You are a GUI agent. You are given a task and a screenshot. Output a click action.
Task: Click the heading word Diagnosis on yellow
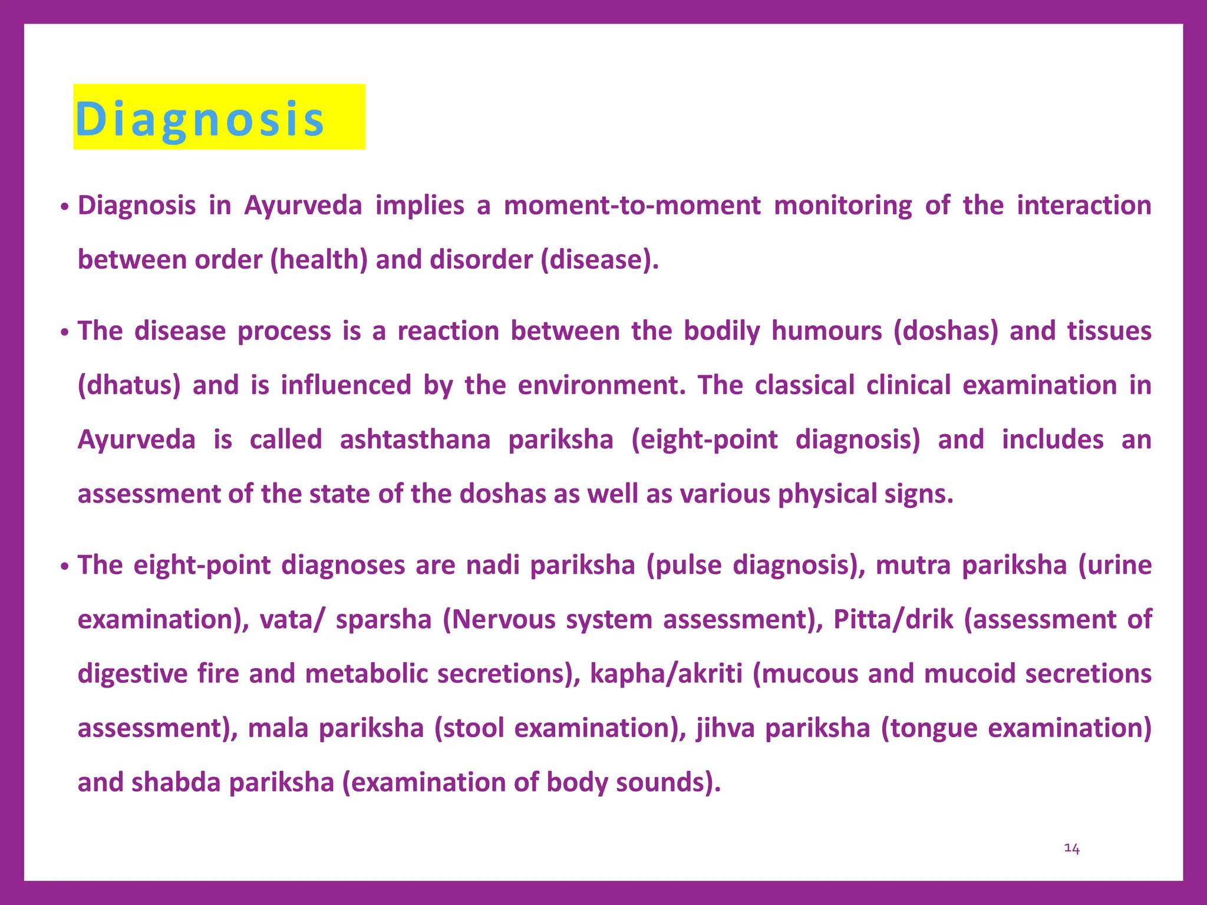click(x=200, y=120)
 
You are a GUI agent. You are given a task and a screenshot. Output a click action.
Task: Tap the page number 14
click(x=1071, y=848)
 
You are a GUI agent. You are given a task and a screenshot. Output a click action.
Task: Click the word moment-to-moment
click(x=632, y=206)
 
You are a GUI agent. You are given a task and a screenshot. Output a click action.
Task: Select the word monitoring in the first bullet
click(x=843, y=206)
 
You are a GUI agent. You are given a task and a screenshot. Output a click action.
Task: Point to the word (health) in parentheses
click(x=319, y=260)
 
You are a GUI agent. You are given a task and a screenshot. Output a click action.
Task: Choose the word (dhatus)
click(x=129, y=385)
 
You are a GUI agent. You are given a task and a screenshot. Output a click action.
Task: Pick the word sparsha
click(x=384, y=620)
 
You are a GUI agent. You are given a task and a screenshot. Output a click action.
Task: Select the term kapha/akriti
click(x=666, y=674)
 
